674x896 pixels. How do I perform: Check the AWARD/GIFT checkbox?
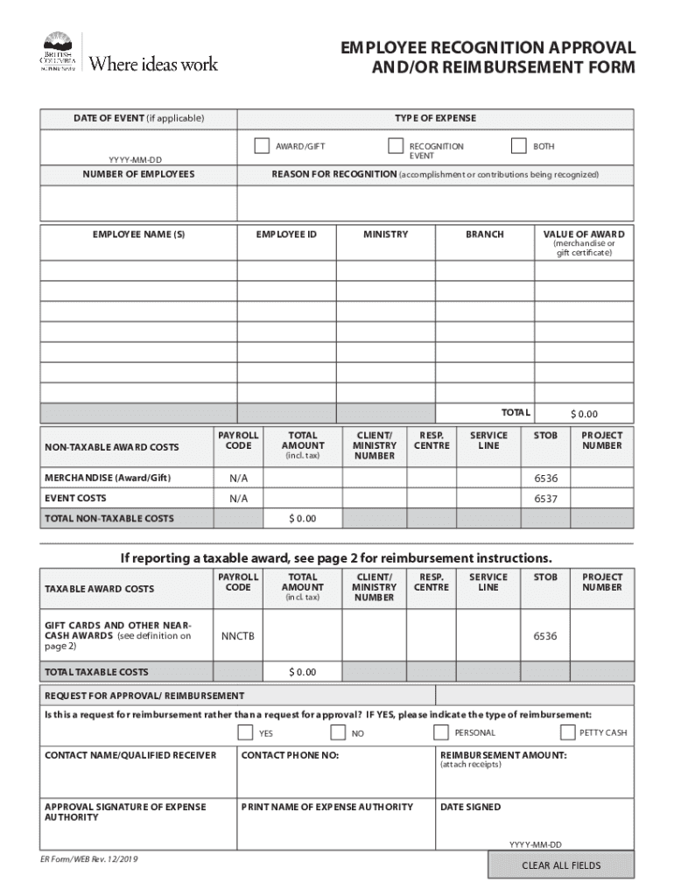point(262,146)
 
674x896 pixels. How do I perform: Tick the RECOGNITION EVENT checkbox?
point(396,146)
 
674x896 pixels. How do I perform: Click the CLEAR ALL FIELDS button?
point(561,865)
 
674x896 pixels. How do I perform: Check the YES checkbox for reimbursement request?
point(245,732)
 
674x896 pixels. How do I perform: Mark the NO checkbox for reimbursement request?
point(338,732)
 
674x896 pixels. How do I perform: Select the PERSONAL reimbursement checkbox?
point(441,732)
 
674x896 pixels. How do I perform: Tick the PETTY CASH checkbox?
point(568,732)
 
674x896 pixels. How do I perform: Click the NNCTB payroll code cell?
point(238,636)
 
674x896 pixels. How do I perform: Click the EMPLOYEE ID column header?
point(286,234)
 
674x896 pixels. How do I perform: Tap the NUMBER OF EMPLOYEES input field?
point(138,203)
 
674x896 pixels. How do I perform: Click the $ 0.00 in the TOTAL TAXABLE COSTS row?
point(303,672)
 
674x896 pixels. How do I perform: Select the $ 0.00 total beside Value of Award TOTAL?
point(584,414)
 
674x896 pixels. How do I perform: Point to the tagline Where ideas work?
point(154,63)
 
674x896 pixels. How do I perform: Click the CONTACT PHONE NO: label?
point(290,755)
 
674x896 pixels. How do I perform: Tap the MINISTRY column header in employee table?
point(385,234)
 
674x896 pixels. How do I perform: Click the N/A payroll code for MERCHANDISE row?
point(238,479)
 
